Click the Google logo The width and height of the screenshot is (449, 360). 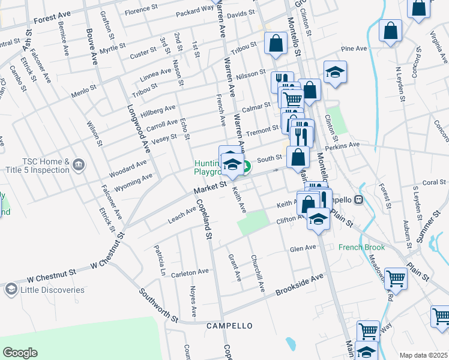point(20,353)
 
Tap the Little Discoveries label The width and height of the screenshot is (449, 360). point(52,290)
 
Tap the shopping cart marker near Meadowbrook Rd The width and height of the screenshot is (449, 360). point(396,277)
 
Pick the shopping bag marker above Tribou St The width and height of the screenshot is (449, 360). point(276,43)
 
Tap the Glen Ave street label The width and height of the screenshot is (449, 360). point(303,248)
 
